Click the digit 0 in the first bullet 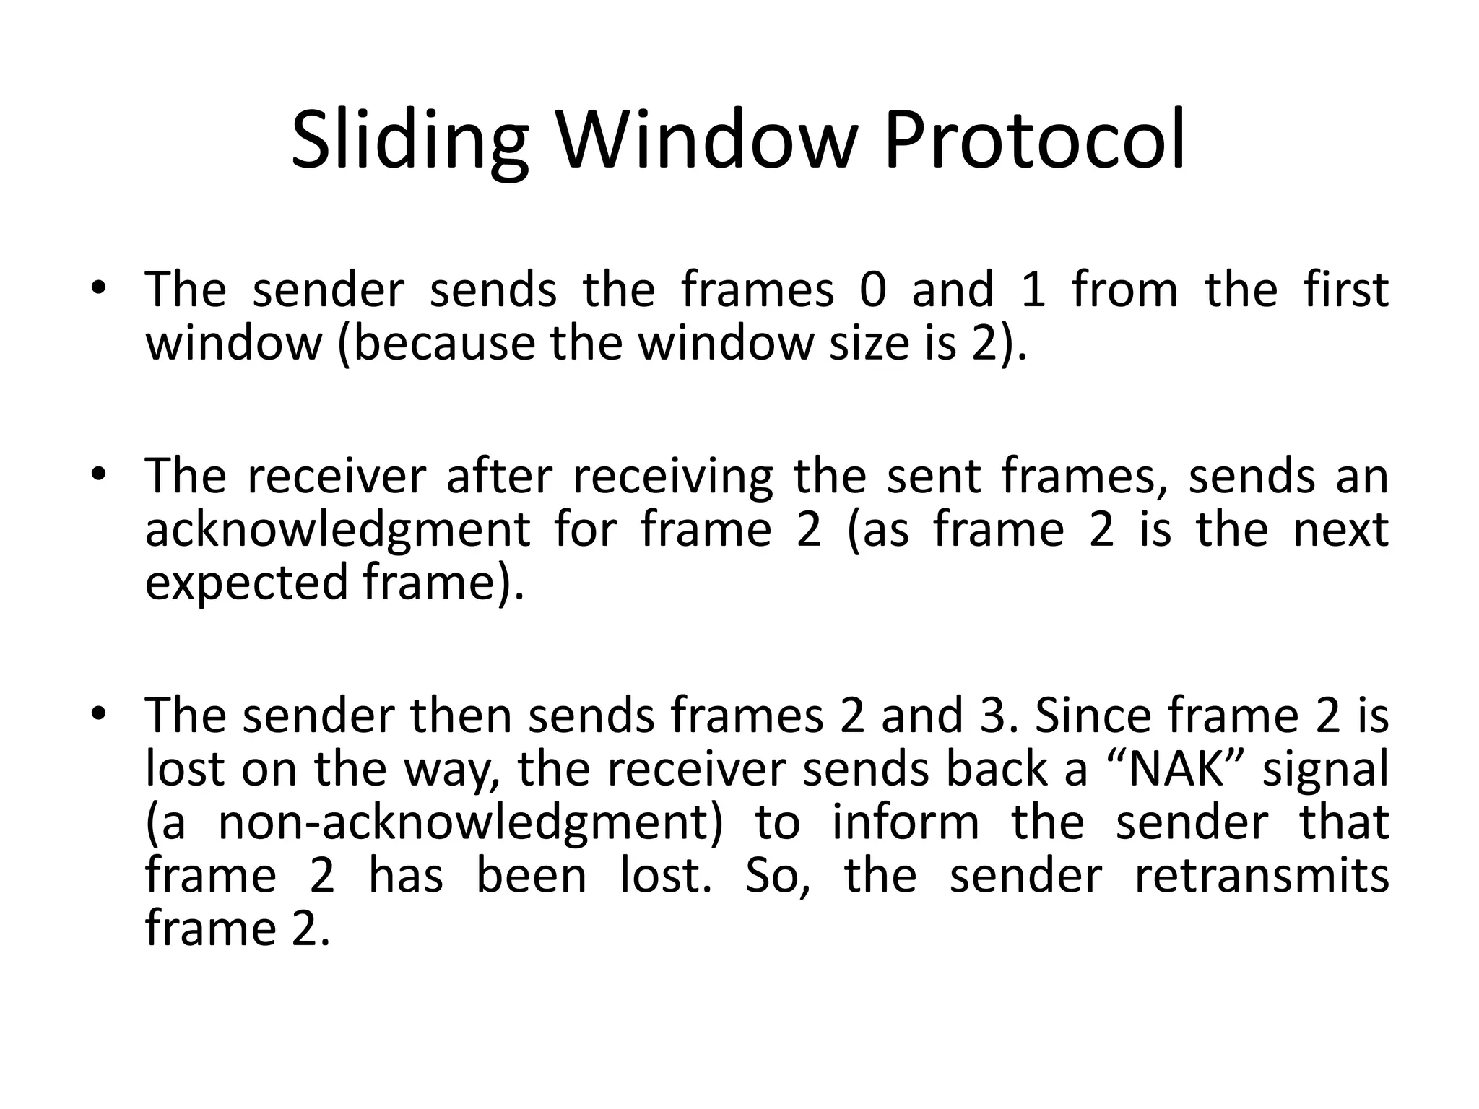pyautogui.click(x=873, y=290)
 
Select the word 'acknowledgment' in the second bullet pyautogui.click(x=338, y=530)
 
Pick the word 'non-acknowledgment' pyautogui.click(x=470, y=822)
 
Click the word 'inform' pyautogui.click(x=906, y=822)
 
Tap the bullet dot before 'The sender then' pyautogui.click(x=99, y=713)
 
